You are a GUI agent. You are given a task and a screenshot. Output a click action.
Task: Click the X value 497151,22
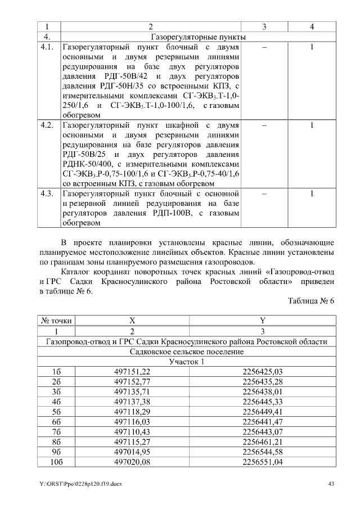pos(132,371)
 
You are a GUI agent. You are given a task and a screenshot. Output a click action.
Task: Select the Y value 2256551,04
pos(262,462)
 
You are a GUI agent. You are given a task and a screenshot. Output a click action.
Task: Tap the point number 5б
pos(56,412)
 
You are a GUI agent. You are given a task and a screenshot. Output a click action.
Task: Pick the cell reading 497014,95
pos(132,452)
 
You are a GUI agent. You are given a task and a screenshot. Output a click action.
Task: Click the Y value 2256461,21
pos(262,442)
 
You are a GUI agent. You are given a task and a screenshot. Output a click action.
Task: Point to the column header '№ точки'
pos(56,321)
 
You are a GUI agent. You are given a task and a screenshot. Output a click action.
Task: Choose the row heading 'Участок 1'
pos(187,361)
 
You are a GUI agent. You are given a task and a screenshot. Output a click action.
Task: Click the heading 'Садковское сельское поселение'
pos(187,351)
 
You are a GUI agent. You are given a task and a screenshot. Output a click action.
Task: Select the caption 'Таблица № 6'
pos(311,301)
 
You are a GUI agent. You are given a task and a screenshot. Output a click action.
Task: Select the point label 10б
pos(56,462)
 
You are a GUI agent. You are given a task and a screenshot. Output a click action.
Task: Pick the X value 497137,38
pos(132,402)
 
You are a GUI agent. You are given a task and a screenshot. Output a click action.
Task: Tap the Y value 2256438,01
pos(262,391)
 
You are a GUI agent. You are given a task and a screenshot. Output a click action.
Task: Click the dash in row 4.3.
pos(264,194)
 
